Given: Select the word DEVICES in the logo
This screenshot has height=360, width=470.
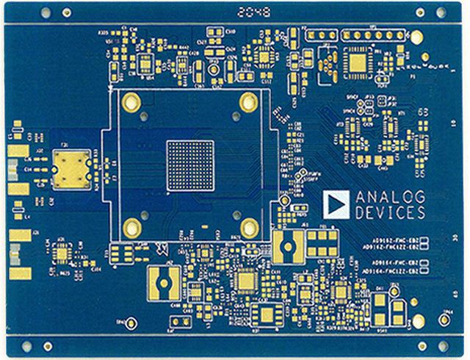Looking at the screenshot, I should point(390,213).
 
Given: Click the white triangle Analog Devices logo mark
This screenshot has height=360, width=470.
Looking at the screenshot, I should point(337,204).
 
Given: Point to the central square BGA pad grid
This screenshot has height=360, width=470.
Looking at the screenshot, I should point(190,165).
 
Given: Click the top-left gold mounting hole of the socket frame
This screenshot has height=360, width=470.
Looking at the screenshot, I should point(132,101).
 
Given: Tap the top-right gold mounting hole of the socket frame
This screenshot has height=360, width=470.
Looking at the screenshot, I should point(249,102).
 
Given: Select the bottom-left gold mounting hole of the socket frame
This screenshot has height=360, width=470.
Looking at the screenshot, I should point(132,226).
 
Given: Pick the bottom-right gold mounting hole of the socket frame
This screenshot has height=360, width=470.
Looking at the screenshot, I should point(249,226).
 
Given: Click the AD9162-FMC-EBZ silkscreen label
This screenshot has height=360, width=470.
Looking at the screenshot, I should point(391,240).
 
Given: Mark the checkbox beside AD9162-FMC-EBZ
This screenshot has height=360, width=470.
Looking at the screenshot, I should point(424,240).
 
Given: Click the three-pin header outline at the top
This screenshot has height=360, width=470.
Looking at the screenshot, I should point(321,35).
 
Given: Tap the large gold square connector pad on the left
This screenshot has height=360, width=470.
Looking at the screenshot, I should point(72,169).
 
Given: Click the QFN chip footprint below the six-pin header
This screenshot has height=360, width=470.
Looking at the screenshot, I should point(359,63).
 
